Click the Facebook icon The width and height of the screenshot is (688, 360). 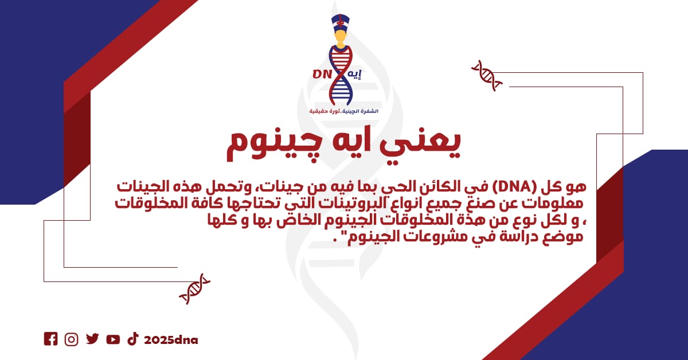point(50,339)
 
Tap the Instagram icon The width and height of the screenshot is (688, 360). point(71,339)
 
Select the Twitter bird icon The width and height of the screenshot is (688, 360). point(92,339)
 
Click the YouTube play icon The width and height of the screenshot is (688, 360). point(113,339)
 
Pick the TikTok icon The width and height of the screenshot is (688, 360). point(133,339)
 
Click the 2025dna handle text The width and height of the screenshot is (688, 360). point(171,340)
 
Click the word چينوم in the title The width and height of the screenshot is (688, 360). point(270,147)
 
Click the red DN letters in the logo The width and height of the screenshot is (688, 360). point(322,74)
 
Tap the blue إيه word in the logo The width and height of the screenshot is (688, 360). point(354,75)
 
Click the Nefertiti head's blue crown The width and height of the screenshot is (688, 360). point(341,22)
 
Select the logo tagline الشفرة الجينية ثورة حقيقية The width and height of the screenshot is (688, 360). point(343,111)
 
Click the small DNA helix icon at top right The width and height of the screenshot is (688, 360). point(487,76)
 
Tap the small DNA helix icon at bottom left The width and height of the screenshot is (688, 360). point(195,289)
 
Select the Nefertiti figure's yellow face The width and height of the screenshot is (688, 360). point(341,37)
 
